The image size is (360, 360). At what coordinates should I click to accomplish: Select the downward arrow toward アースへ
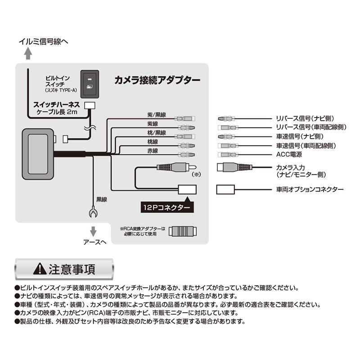(x=94, y=231)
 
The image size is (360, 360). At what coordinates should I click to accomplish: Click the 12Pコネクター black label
(x=166, y=207)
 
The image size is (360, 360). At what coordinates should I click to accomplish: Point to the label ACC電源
(x=289, y=155)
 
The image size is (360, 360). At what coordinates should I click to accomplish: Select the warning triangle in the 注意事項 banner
(x=40, y=270)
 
